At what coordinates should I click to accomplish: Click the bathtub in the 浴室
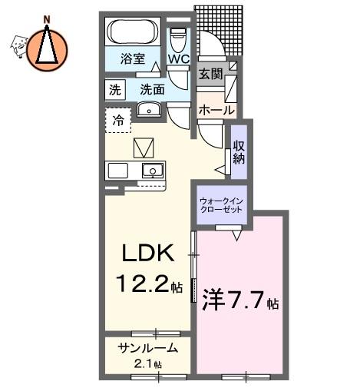(x=133, y=32)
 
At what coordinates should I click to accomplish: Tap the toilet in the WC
(x=178, y=39)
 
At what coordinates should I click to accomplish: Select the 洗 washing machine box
(x=115, y=90)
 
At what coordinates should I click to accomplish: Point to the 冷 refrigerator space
(x=118, y=120)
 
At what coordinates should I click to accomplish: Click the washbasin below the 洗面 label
(x=149, y=110)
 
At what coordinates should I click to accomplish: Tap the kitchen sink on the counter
(x=153, y=171)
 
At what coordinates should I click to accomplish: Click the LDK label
(x=147, y=253)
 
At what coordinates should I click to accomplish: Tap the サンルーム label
(x=147, y=348)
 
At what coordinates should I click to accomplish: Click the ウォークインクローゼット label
(x=222, y=205)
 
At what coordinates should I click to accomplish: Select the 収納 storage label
(x=239, y=151)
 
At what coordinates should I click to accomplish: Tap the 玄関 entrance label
(x=211, y=74)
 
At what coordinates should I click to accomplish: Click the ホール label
(x=216, y=111)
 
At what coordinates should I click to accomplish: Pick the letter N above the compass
(x=47, y=20)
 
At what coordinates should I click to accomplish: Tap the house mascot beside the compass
(x=18, y=46)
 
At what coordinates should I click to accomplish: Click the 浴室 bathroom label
(x=133, y=58)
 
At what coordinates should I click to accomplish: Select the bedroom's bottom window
(x=246, y=377)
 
